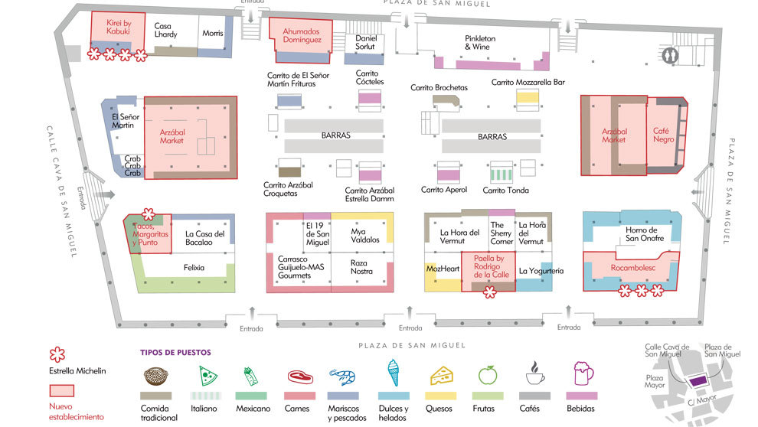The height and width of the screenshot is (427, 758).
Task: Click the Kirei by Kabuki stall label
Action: point(119,27)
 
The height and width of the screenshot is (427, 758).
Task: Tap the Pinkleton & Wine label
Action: point(480,43)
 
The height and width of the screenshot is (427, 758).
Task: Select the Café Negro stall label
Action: point(663,135)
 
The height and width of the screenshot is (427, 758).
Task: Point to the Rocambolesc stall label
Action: point(632,268)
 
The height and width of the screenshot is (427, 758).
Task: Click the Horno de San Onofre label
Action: point(645,234)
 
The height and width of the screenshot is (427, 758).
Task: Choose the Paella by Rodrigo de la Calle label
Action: point(491,266)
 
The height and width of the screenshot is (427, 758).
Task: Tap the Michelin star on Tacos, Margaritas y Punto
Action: point(149,214)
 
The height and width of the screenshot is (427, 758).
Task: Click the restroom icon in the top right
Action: point(669,55)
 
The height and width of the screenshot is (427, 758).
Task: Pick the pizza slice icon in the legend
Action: point(207,375)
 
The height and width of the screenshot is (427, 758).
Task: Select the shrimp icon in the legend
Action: point(343,376)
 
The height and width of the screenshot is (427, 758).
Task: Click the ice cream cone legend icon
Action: point(394,373)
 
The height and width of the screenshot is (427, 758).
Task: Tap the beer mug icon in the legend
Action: point(583,373)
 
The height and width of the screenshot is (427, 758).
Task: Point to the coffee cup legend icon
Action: point(534,373)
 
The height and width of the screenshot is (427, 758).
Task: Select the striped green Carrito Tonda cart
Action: point(502,174)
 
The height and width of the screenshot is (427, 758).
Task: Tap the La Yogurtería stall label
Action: point(541,271)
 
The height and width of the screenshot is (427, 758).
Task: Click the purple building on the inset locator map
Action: point(697,382)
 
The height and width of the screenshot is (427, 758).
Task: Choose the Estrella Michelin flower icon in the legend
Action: point(57,354)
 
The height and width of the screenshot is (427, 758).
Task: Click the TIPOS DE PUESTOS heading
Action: point(175,353)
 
